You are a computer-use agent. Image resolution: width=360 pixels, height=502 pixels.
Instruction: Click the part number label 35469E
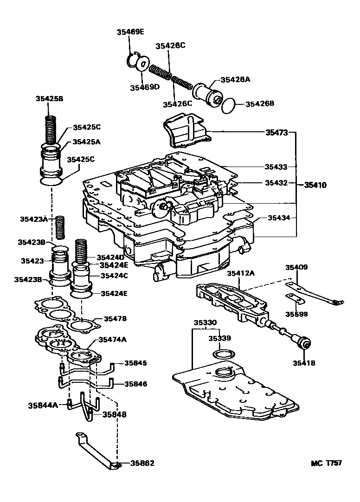click(x=130, y=32)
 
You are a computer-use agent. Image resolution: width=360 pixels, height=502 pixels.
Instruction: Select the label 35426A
click(x=235, y=79)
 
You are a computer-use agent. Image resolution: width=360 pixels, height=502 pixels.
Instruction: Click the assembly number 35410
click(x=315, y=185)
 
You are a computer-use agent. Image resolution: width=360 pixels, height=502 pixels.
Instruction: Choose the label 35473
click(x=276, y=132)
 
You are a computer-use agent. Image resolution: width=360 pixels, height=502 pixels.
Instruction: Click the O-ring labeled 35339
click(x=223, y=355)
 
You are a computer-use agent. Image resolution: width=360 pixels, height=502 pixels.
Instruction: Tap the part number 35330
click(x=205, y=322)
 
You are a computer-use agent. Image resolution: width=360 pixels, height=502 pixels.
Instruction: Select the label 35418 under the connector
click(x=303, y=363)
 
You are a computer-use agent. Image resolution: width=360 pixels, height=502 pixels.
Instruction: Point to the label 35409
click(x=296, y=267)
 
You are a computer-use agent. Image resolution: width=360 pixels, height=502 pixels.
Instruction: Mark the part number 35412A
click(x=241, y=273)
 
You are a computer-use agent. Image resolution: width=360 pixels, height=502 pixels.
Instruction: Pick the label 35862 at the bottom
click(x=142, y=463)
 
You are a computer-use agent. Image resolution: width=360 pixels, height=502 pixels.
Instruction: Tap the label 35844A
click(x=43, y=405)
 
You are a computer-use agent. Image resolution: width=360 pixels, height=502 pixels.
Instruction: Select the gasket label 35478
click(x=115, y=319)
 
